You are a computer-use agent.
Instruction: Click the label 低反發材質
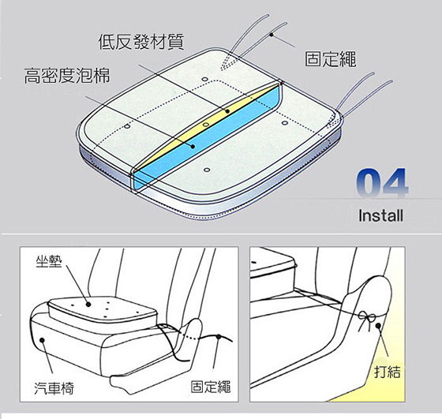pyautogui.click(x=141, y=42)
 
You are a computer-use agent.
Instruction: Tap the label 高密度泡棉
pyautogui.click(x=67, y=76)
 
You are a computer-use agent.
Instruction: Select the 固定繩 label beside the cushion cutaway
pyautogui.click(x=331, y=59)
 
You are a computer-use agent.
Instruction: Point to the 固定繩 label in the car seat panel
pyautogui.click(x=211, y=387)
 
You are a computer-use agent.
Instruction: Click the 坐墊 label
pyautogui.click(x=49, y=261)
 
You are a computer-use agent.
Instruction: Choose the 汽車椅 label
pyautogui.click(x=54, y=388)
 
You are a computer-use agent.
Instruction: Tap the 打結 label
pyautogui.click(x=388, y=372)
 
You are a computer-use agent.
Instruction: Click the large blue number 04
pyautogui.click(x=382, y=183)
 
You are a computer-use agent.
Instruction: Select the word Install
pyautogui.click(x=380, y=215)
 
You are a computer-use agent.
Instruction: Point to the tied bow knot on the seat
pyautogui.click(x=367, y=319)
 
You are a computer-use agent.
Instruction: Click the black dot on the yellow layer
pyautogui.click(x=227, y=111)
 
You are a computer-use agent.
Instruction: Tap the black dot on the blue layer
pyautogui.click(x=193, y=147)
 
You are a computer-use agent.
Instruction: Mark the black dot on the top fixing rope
pyautogui.click(x=272, y=35)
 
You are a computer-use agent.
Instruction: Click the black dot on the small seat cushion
pyautogui.click(x=88, y=305)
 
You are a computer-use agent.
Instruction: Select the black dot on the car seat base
pyautogui.click(x=42, y=340)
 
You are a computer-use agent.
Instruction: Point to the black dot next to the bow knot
pyautogui.click(x=378, y=326)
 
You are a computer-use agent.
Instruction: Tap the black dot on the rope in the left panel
pyautogui.click(x=218, y=337)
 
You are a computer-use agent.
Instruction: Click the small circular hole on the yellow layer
pyautogui.click(x=206, y=124)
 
